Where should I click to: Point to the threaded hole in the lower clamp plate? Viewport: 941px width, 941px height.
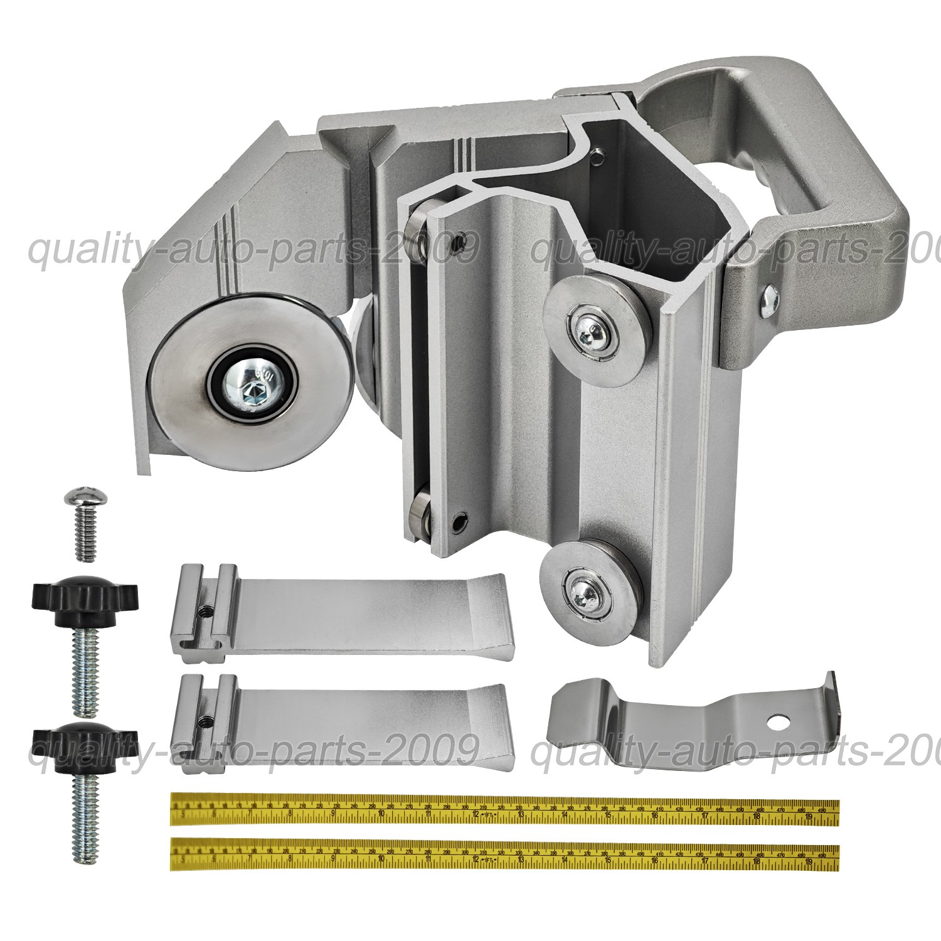205,720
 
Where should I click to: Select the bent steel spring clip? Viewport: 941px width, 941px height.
690,721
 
